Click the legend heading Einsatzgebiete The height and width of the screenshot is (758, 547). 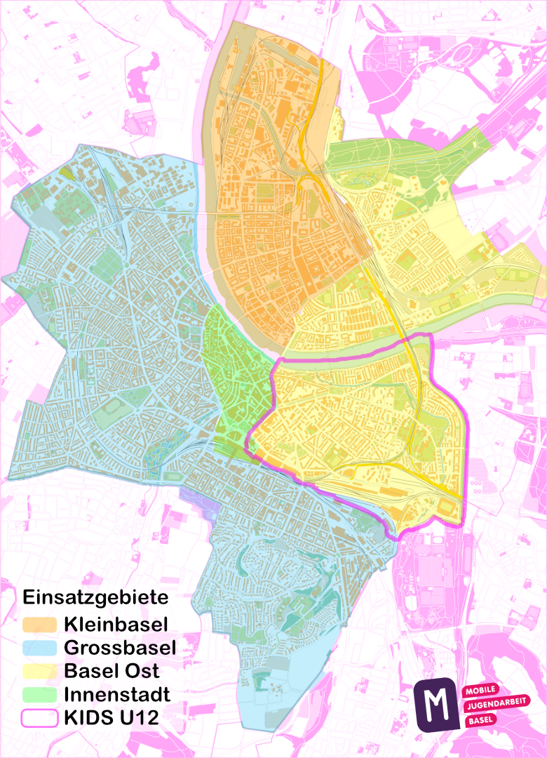(96, 598)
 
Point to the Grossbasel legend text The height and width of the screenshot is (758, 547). (119, 646)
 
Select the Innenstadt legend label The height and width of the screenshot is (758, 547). (117, 694)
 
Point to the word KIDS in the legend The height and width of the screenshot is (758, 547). (86, 718)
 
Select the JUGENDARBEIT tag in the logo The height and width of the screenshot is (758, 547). (497, 705)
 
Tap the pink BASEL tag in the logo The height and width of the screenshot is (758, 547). (480, 720)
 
